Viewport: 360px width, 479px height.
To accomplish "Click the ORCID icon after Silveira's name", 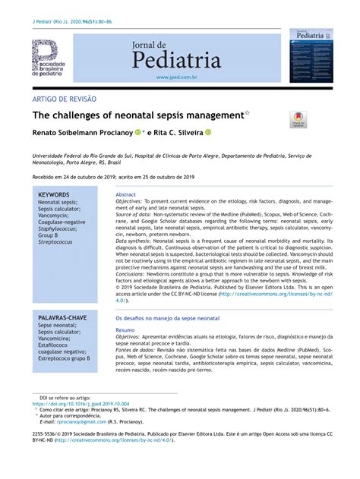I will (x=208, y=132).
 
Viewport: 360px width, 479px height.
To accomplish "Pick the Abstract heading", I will (x=125, y=194).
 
